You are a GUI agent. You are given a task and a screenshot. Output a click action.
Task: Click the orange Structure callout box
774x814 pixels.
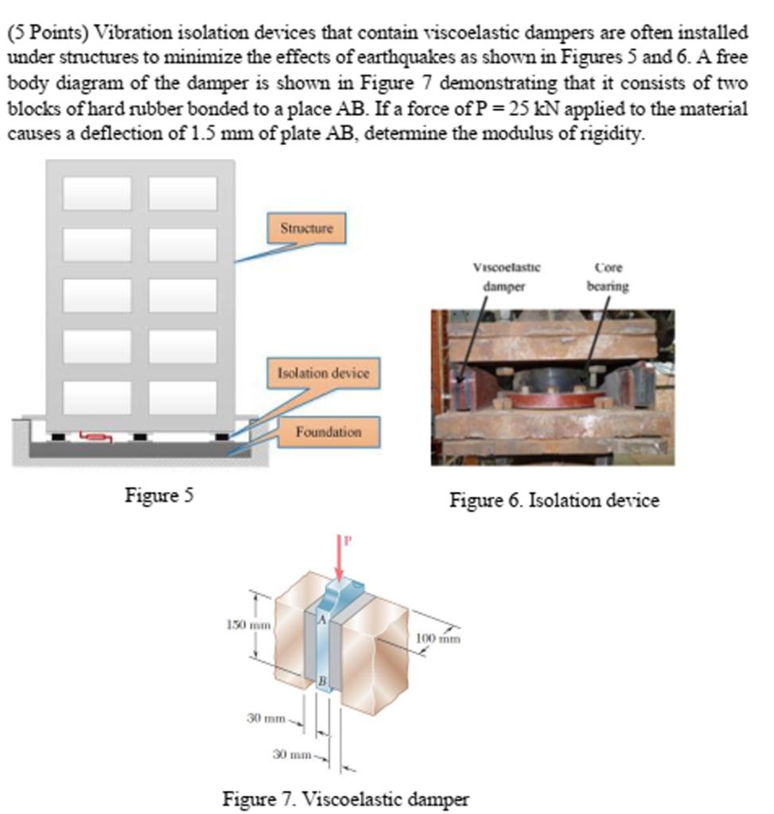click(306, 228)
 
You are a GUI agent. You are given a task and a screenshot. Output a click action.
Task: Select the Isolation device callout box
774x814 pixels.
click(323, 373)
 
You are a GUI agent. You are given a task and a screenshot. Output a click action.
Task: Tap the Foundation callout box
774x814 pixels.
click(328, 432)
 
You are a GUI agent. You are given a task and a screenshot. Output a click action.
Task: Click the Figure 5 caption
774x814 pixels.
click(159, 495)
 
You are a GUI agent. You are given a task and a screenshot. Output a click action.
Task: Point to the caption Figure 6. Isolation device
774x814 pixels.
click(554, 500)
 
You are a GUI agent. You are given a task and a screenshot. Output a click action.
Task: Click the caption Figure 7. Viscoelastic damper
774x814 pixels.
click(345, 798)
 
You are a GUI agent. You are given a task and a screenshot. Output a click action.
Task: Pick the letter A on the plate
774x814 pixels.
click(323, 618)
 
